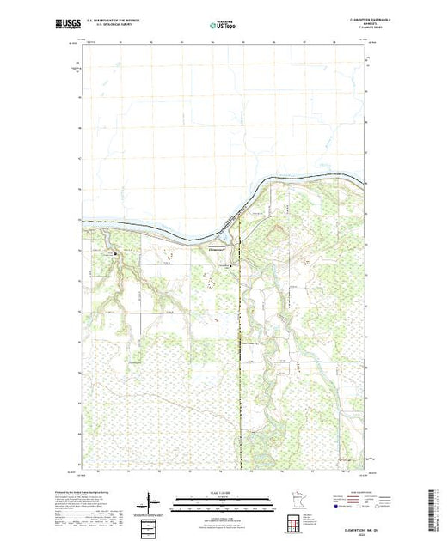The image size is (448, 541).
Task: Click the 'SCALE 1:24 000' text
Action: pyautogui.click(x=215, y=492)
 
